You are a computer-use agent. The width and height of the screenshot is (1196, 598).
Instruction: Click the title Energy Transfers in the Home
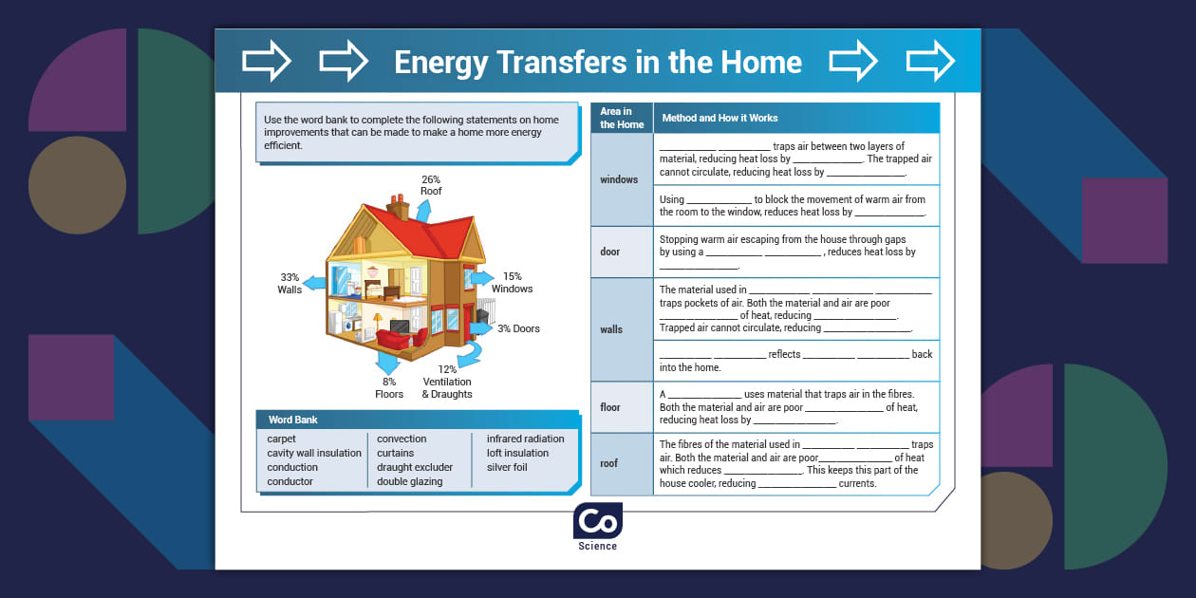[x=598, y=63]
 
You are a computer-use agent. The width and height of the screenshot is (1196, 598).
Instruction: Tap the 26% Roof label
[x=431, y=185]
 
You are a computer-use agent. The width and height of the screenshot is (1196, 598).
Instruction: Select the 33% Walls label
[x=290, y=283]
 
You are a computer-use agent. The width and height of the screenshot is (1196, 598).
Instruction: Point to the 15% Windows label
[x=512, y=283]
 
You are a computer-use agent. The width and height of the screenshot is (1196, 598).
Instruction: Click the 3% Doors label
[x=518, y=328]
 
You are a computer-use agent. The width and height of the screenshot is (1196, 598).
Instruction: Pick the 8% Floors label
[x=389, y=387]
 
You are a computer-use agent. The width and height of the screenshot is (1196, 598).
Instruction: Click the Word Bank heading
[x=292, y=420]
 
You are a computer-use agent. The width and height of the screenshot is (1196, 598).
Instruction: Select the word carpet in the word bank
[x=281, y=439]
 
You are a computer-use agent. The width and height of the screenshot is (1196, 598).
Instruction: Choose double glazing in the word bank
[x=409, y=481]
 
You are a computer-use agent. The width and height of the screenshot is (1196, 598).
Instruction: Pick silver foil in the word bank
[x=507, y=467]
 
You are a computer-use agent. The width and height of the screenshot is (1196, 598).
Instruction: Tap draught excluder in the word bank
[x=415, y=467]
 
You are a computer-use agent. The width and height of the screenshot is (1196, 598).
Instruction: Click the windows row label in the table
[x=619, y=179]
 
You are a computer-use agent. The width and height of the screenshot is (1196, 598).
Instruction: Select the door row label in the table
[x=610, y=252]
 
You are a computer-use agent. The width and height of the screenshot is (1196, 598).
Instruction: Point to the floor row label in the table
[x=610, y=407]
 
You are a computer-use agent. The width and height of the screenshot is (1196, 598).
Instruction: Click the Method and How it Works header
[x=719, y=118]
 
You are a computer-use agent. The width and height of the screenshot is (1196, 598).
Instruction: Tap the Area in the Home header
[x=622, y=118]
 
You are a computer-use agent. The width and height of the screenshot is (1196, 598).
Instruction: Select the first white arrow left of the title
[x=267, y=62]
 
